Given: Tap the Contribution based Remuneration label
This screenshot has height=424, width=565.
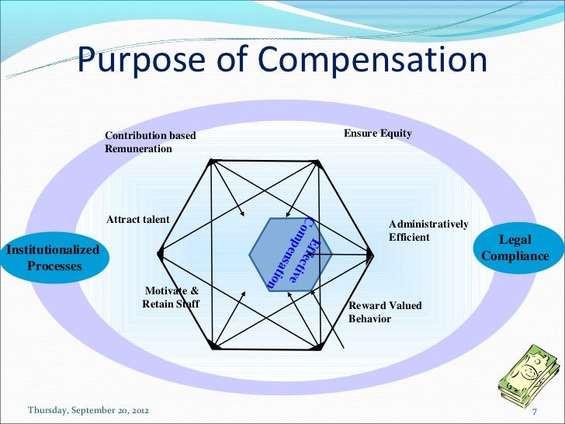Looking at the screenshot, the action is tap(151, 142).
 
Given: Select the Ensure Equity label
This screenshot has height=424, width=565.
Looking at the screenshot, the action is tap(377, 134).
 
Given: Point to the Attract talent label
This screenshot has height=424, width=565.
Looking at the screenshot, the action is tap(137, 220).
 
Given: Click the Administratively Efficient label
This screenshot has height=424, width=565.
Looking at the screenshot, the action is tap(428, 231).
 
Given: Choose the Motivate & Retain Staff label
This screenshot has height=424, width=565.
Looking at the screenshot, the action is tap(171, 297).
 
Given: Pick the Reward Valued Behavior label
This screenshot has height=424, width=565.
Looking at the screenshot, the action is tap(385, 311).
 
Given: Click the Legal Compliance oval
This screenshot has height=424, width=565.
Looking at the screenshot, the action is tap(515, 248).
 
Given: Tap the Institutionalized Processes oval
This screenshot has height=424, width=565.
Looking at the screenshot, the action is tap(54, 258).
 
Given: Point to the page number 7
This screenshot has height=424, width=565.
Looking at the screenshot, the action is tap(534, 409).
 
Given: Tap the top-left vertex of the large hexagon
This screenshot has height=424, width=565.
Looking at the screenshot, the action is tap(211, 161).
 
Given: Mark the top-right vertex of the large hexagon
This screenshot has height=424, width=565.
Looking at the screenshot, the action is tap(317, 162).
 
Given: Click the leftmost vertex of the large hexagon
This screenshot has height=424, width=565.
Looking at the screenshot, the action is tap(159, 253).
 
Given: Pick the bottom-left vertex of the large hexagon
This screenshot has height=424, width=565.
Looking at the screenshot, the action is tap(212, 345).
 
